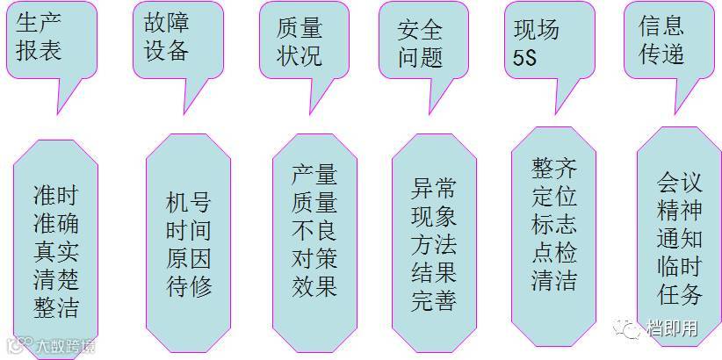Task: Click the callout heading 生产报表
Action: click(40, 37)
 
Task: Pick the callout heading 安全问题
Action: click(420, 42)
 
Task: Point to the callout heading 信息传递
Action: click(661, 39)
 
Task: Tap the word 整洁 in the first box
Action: click(55, 307)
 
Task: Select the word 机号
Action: click(189, 203)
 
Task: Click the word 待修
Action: click(189, 286)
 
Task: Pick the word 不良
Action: click(314, 231)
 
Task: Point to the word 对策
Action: click(314, 259)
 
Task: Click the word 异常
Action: click(434, 189)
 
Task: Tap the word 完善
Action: click(434, 300)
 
